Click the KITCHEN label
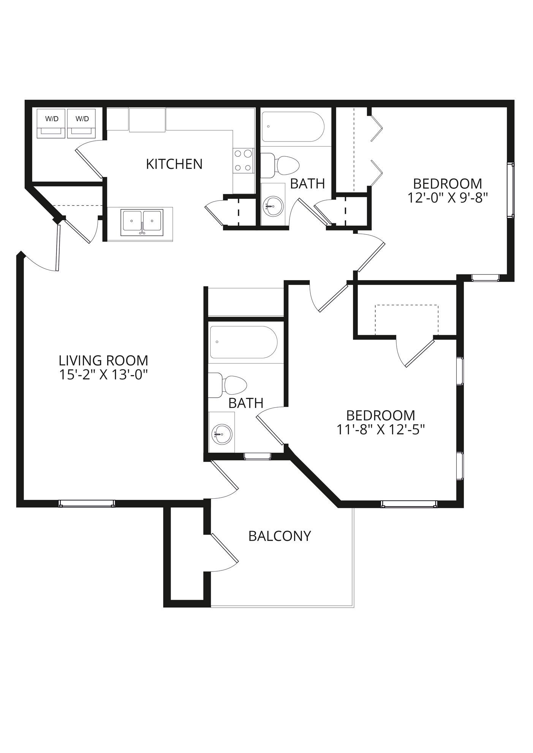coord(174,164)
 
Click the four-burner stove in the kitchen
coord(243,160)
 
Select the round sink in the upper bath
coord(273,205)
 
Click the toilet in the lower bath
coord(228,385)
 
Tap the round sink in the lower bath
coord(221,434)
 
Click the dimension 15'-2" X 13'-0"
coord(103,375)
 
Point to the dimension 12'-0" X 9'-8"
coord(447,198)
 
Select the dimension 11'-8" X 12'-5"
coord(380,429)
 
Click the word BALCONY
coord(280,536)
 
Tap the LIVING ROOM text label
coord(103,360)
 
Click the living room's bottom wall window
coord(87,503)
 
